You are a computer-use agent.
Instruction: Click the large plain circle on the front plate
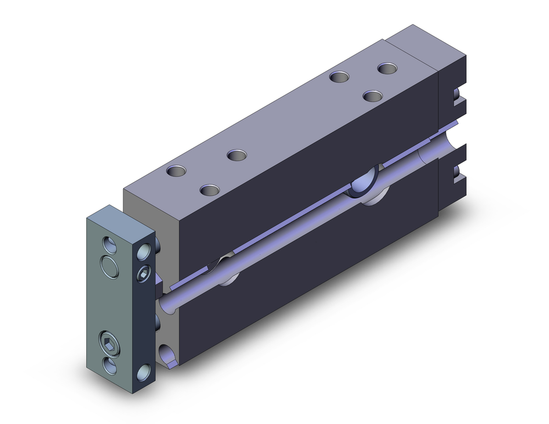click(x=110, y=267)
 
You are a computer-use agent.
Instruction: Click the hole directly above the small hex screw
click(x=144, y=251)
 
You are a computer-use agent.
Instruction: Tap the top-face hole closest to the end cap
click(x=388, y=69)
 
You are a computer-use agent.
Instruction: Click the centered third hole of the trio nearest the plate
click(x=210, y=190)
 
